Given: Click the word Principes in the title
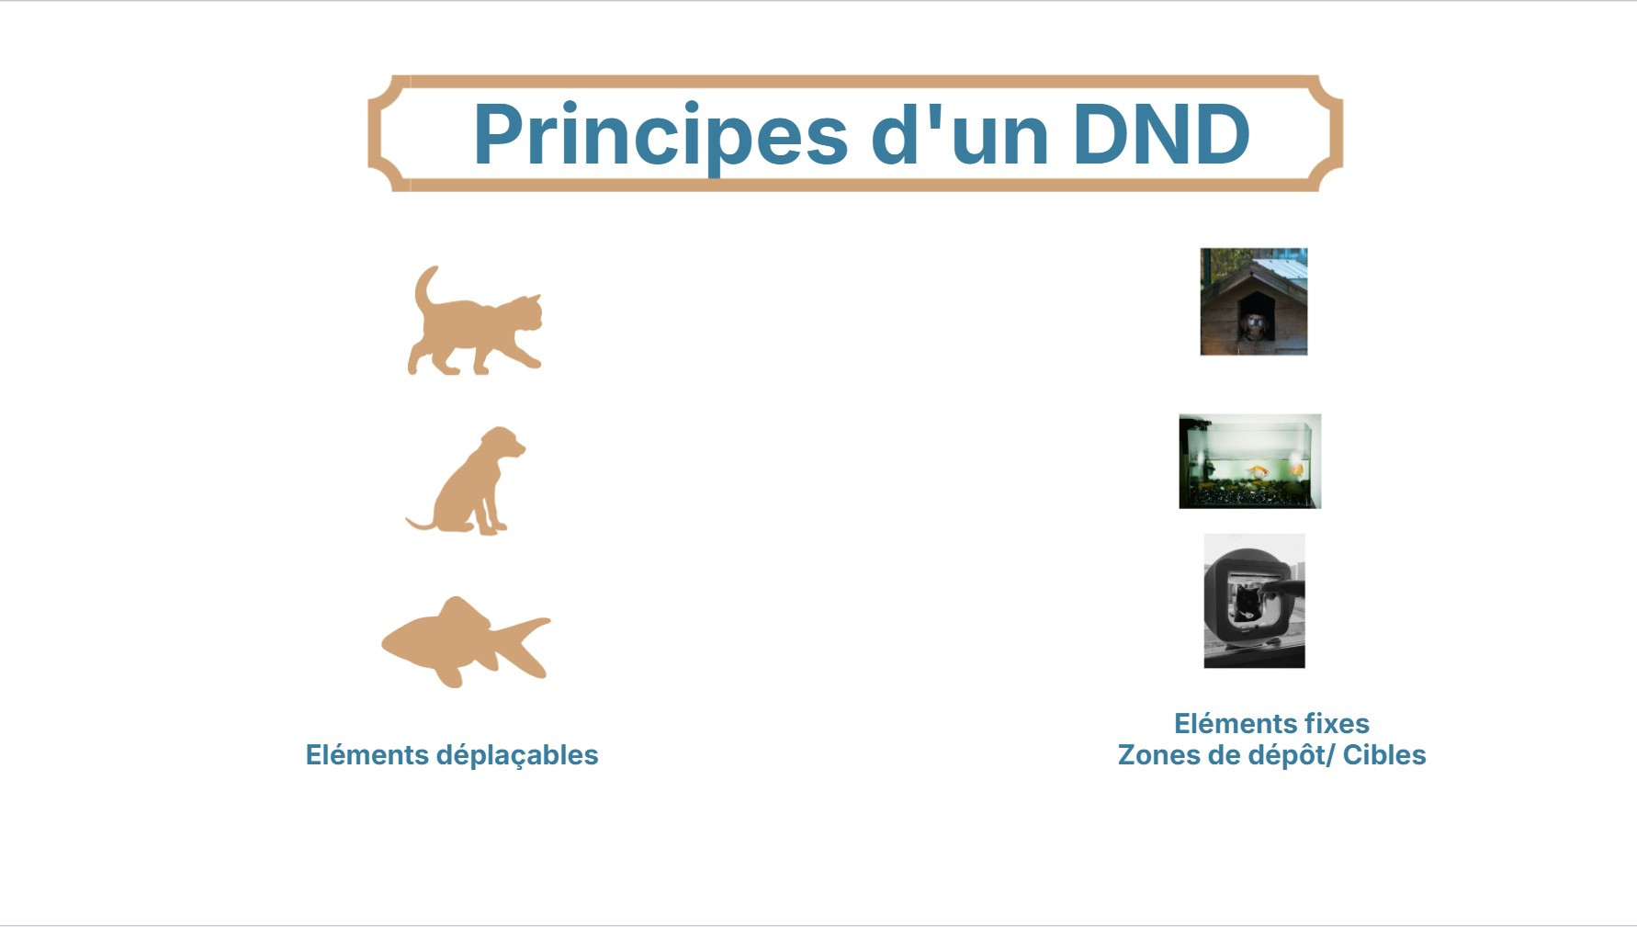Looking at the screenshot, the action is [660, 136].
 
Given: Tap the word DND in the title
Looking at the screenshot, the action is [1161, 134].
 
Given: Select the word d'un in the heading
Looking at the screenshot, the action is [960, 133].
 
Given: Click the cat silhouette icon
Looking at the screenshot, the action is [475, 321].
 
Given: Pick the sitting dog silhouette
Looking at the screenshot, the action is [467, 480].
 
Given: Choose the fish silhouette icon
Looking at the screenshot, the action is [466, 642].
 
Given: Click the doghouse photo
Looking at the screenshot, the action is [1253, 301].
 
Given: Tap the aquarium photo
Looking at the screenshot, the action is [1249, 461].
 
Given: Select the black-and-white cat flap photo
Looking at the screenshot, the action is [1254, 601].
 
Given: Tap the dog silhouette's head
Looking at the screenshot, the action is [503, 444].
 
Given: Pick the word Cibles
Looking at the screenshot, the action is [1384, 755].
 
